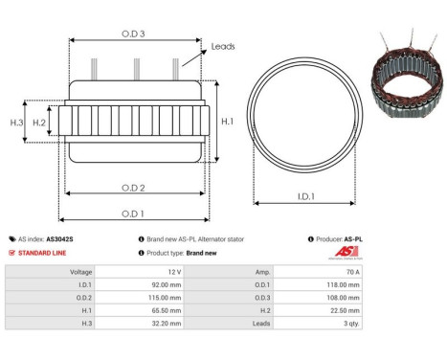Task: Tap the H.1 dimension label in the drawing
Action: point(226,122)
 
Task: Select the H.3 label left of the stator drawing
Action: point(16,123)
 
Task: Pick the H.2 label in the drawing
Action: point(39,123)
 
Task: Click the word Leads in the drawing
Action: point(223,46)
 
